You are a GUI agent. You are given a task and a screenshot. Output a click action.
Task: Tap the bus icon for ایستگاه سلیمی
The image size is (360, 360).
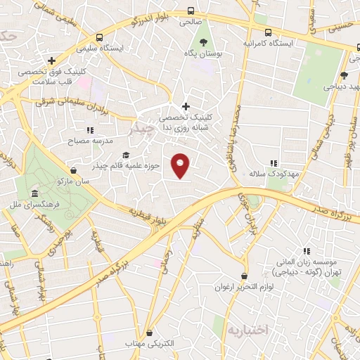[101, 37]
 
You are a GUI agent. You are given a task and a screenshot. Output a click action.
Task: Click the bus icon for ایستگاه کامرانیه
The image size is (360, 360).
[268, 32]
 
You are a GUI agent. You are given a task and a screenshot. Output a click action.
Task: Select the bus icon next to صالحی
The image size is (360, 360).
[191, 11]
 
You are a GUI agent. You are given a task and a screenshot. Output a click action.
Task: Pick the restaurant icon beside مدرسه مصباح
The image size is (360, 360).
[89, 130]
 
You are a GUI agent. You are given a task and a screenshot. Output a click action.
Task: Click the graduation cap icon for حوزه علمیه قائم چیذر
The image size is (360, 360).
[126, 155]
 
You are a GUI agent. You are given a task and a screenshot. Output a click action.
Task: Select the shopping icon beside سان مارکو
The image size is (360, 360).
[74, 169]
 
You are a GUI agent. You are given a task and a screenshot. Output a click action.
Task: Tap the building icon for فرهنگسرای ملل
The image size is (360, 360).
[32, 194]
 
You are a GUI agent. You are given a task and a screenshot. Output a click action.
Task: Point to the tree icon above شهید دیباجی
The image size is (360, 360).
[344, 76]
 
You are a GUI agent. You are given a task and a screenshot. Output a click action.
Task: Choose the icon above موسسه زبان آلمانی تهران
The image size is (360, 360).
[306, 250]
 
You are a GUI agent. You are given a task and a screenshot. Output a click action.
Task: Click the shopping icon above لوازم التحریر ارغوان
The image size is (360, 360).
[244, 276]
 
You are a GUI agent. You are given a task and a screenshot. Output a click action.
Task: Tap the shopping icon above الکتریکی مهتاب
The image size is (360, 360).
[148, 333]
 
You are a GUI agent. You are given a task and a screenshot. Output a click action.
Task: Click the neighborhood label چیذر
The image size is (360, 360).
[141, 130]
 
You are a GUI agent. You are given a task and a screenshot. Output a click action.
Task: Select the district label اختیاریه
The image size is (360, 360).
[244, 329]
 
